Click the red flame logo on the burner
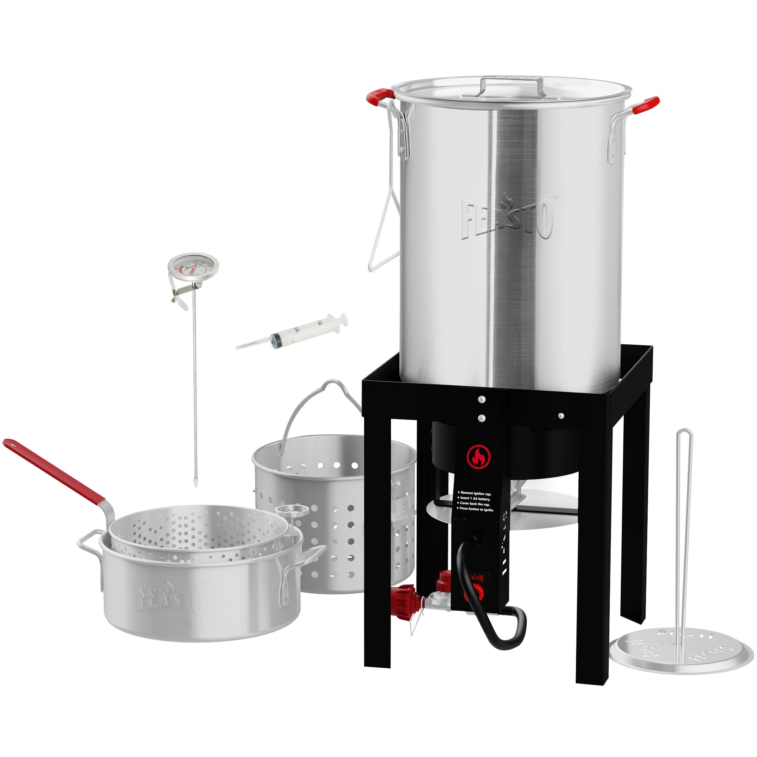click(479, 456)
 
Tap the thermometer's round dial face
click(193, 266)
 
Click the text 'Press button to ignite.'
click(477, 510)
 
